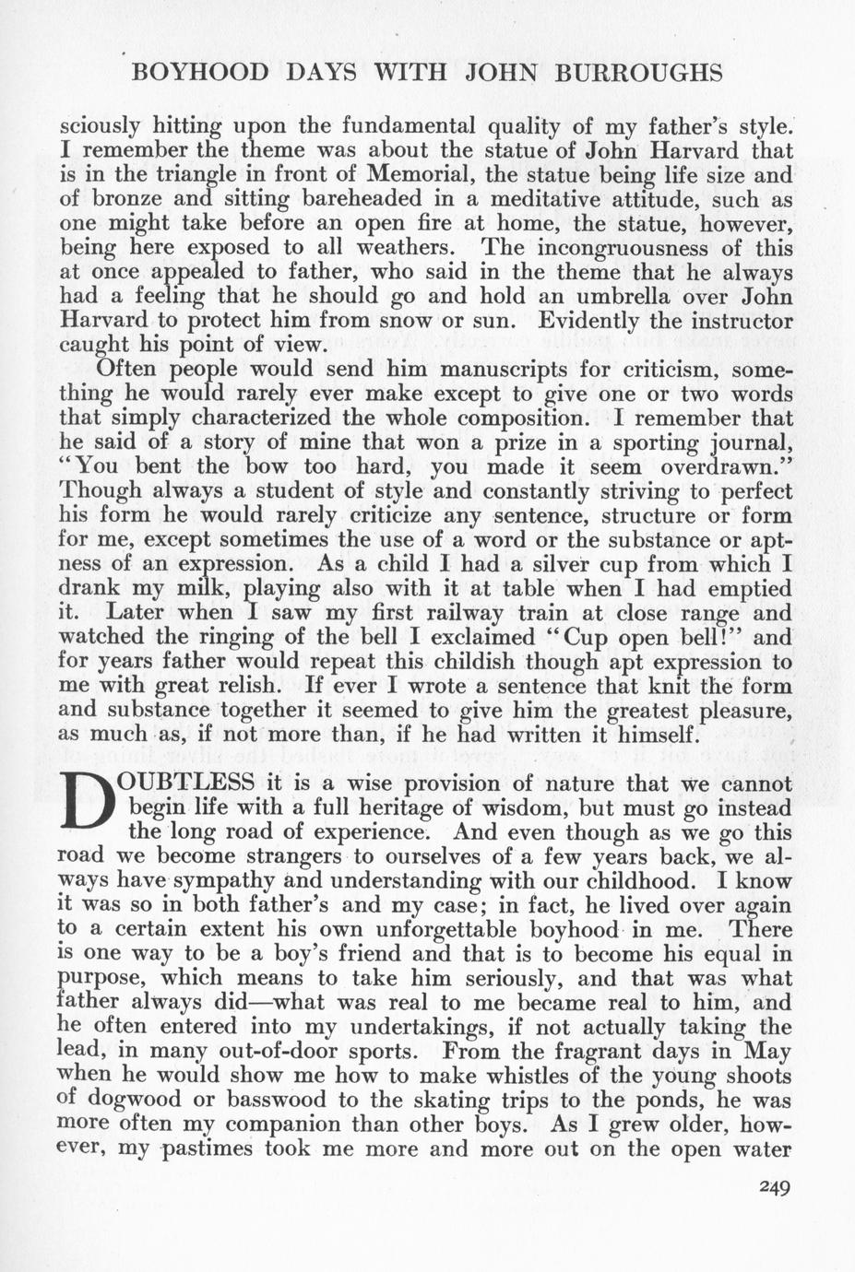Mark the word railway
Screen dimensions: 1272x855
point(402,613)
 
